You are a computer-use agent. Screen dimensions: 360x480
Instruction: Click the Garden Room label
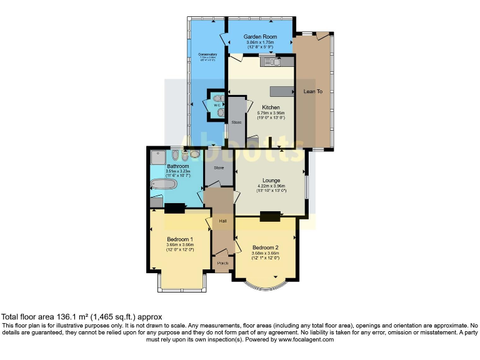[260, 37]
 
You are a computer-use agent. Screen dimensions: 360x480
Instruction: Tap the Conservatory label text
[207, 54]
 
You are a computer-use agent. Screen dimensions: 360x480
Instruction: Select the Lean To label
[312, 91]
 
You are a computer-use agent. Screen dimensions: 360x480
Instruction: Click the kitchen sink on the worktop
[272, 61]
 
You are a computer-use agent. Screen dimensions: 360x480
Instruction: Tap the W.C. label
[217, 105]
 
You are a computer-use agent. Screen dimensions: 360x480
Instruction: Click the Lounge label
[271, 181]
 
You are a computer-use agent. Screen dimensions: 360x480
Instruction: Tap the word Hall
[222, 221]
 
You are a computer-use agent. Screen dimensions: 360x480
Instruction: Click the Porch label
[222, 264]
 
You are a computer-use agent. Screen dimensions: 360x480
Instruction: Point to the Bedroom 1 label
[179, 239]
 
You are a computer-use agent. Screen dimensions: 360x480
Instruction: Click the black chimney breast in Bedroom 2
[269, 216]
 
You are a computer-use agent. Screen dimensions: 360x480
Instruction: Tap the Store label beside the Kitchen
[236, 122]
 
